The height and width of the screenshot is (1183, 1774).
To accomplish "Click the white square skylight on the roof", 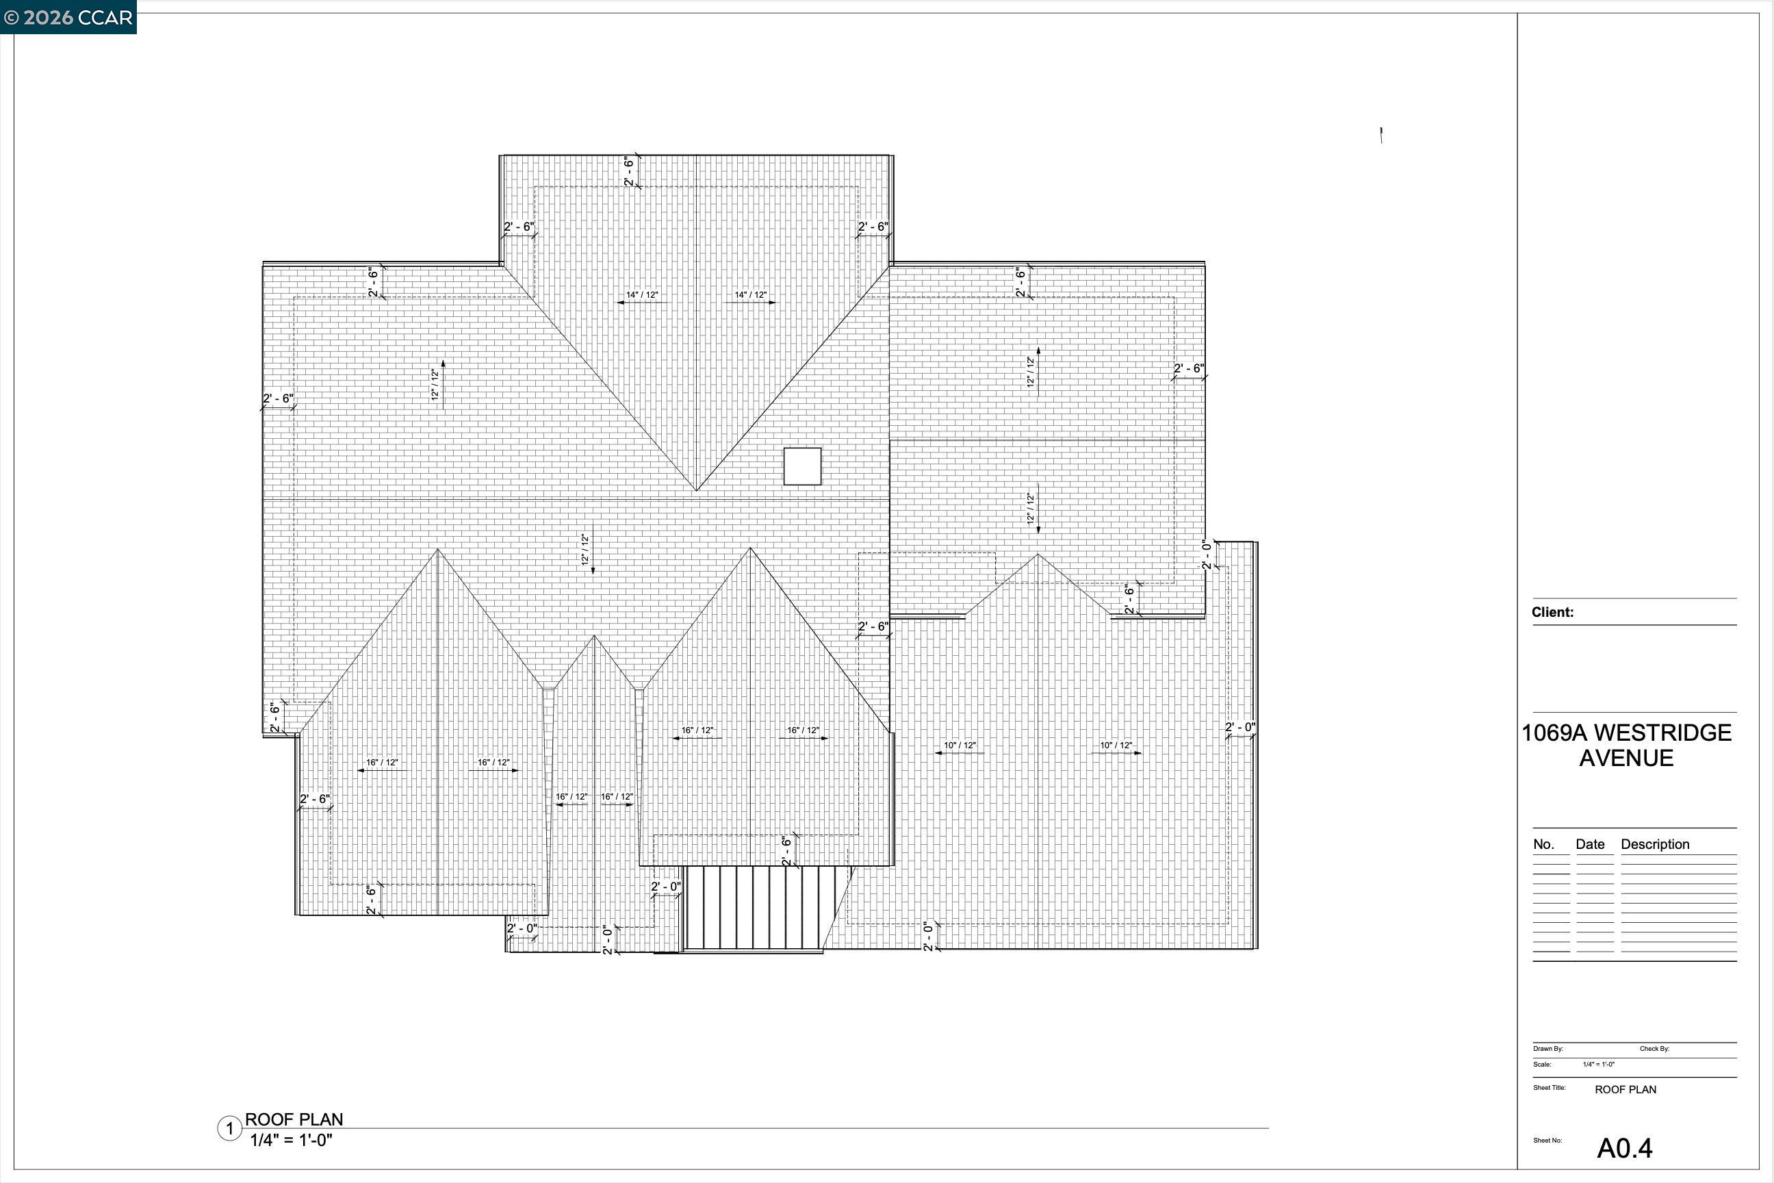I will point(801,466).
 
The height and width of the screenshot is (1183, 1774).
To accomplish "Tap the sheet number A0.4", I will point(1624,1147).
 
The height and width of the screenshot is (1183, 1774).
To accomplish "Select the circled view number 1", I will point(229,1130).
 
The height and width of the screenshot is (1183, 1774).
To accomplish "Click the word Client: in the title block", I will point(1552,612).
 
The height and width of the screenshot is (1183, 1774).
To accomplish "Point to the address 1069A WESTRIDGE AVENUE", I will point(1625,745).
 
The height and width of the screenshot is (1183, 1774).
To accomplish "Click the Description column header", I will point(1655,844).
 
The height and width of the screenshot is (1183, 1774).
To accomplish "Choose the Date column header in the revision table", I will point(1590,844).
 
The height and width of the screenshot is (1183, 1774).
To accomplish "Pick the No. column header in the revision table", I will point(1543,844).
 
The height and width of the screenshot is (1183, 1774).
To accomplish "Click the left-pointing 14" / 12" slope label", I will point(642,295).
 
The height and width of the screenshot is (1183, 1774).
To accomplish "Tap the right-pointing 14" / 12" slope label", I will point(751,295).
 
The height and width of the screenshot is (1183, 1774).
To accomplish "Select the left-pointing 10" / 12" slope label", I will point(960,746).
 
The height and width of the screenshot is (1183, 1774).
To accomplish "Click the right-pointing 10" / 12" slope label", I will point(1116,746).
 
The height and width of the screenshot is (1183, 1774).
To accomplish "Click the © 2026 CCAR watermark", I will point(68,16).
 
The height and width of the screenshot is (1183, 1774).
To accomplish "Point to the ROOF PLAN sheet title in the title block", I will point(1625,1089).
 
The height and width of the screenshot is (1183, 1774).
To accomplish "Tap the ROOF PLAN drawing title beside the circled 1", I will point(294,1119).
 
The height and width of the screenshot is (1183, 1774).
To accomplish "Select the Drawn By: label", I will point(1547,1049).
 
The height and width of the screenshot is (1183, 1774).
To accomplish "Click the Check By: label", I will point(1654,1049).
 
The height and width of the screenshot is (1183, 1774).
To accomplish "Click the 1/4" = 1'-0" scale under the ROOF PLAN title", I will point(291,1140).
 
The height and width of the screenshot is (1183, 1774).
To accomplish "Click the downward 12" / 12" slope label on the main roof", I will point(584,549).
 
